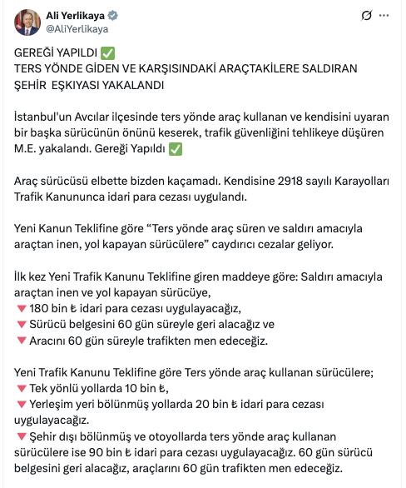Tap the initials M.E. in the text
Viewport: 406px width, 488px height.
27,150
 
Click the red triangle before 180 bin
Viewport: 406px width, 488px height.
21,308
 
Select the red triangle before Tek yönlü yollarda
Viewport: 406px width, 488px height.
21,387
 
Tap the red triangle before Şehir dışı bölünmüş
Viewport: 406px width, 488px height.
21,435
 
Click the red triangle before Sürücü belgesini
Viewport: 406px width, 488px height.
21,324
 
